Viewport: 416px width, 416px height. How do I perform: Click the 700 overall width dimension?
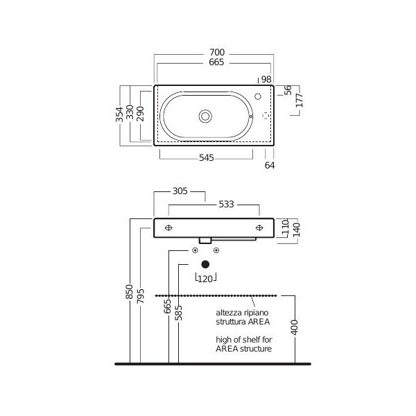[217, 52]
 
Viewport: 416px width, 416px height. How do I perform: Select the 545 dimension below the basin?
[207, 158]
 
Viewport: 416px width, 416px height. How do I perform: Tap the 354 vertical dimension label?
[119, 114]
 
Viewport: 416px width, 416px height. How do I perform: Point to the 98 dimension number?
[266, 79]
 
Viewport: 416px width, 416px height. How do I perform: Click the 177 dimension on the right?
[300, 101]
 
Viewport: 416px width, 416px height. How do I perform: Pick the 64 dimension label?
[270, 165]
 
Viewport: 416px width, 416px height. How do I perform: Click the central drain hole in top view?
[205, 116]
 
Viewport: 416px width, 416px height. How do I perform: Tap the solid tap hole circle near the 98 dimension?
[258, 96]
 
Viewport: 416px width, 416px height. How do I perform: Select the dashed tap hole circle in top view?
[266, 116]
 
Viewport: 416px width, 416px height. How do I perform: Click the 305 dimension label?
[180, 191]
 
